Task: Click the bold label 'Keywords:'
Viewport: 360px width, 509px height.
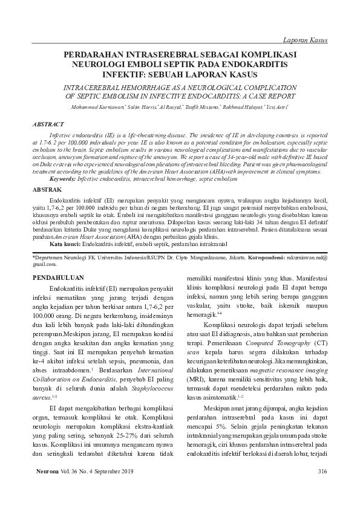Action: click(x=62, y=179)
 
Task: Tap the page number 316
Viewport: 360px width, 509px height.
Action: click(x=322, y=472)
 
